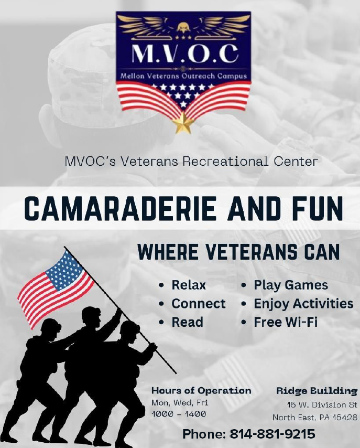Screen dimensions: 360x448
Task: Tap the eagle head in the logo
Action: coord(183,27)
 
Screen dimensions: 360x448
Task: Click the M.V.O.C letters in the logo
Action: coord(184,54)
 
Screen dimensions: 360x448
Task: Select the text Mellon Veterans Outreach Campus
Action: coord(183,76)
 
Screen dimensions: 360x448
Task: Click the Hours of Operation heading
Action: coord(201,391)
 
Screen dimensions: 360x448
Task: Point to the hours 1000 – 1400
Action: coord(179,414)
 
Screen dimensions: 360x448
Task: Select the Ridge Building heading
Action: coord(317,391)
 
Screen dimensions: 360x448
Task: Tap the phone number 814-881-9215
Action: coord(272,433)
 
